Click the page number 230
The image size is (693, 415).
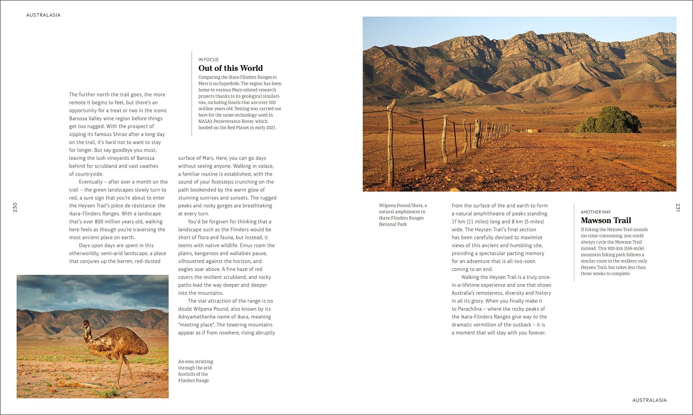coord(15,207)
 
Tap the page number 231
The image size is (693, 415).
coord(678,207)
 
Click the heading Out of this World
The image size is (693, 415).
coord(231,68)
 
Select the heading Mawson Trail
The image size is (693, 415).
coord(606,220)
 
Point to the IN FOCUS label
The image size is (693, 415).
coord(208,60)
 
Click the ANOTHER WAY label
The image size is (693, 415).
coord(596,212)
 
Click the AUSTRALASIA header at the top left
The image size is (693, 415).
coord(43,15)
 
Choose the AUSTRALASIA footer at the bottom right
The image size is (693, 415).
coord(649,400)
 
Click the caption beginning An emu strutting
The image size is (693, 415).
coord(195,371)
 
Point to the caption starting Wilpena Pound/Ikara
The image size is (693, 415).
coord(403,215)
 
